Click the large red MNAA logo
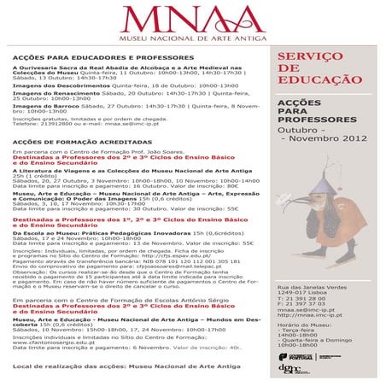coord(192,20)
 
